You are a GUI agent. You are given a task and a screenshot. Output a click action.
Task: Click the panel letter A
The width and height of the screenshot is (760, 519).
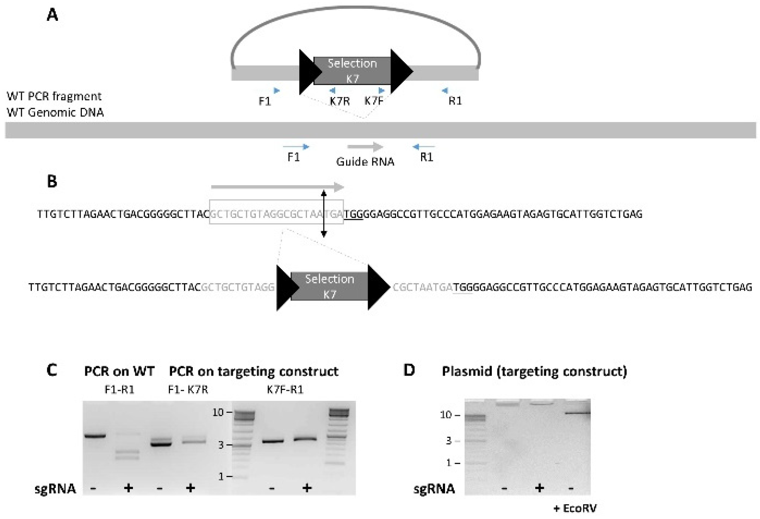(x=52, y=16)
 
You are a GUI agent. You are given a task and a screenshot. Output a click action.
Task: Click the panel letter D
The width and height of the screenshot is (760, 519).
(x=409, y=370)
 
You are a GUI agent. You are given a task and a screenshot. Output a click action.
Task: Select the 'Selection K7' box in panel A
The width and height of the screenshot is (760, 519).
(x=352, y=71)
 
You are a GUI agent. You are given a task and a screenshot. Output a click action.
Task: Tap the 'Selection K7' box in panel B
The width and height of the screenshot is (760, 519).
(x=329, y=286)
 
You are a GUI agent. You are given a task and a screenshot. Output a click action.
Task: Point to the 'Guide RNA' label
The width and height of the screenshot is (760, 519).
(x=365, y=161)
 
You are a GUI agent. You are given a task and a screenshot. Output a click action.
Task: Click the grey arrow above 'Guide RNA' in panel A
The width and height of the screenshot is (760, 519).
(x=365, y=147)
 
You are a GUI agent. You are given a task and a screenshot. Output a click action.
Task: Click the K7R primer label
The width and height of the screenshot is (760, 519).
(x=340, y=101)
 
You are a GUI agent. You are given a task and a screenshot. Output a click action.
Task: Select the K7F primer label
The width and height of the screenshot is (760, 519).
(x=374, y=101)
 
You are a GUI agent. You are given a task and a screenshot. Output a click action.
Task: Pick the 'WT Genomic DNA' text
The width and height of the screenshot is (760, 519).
(x=55, y=113)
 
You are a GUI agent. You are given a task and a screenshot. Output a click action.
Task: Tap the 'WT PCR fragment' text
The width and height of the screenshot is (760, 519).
(x=54, y=96)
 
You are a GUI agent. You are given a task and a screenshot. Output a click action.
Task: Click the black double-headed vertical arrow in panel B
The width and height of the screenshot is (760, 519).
(x=324, y=214)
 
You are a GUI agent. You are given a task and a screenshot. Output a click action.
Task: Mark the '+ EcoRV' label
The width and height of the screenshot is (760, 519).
(x=575, y=508)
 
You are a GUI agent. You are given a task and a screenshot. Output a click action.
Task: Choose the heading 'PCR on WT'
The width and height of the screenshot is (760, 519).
(x=119, y=371)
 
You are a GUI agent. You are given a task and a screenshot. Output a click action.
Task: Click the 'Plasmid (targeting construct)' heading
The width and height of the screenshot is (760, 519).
(x=534, y=371)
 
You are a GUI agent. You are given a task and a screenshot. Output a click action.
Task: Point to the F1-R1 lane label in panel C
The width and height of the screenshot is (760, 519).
(x=119, y=390)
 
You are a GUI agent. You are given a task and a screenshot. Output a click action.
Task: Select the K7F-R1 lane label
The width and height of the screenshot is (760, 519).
(x=285, y=390)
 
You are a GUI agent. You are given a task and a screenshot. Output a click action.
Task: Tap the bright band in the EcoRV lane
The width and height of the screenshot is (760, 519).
(x=577, y=413)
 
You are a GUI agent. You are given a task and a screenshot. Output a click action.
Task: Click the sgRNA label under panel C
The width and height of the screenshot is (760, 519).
(x=55, y=488)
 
